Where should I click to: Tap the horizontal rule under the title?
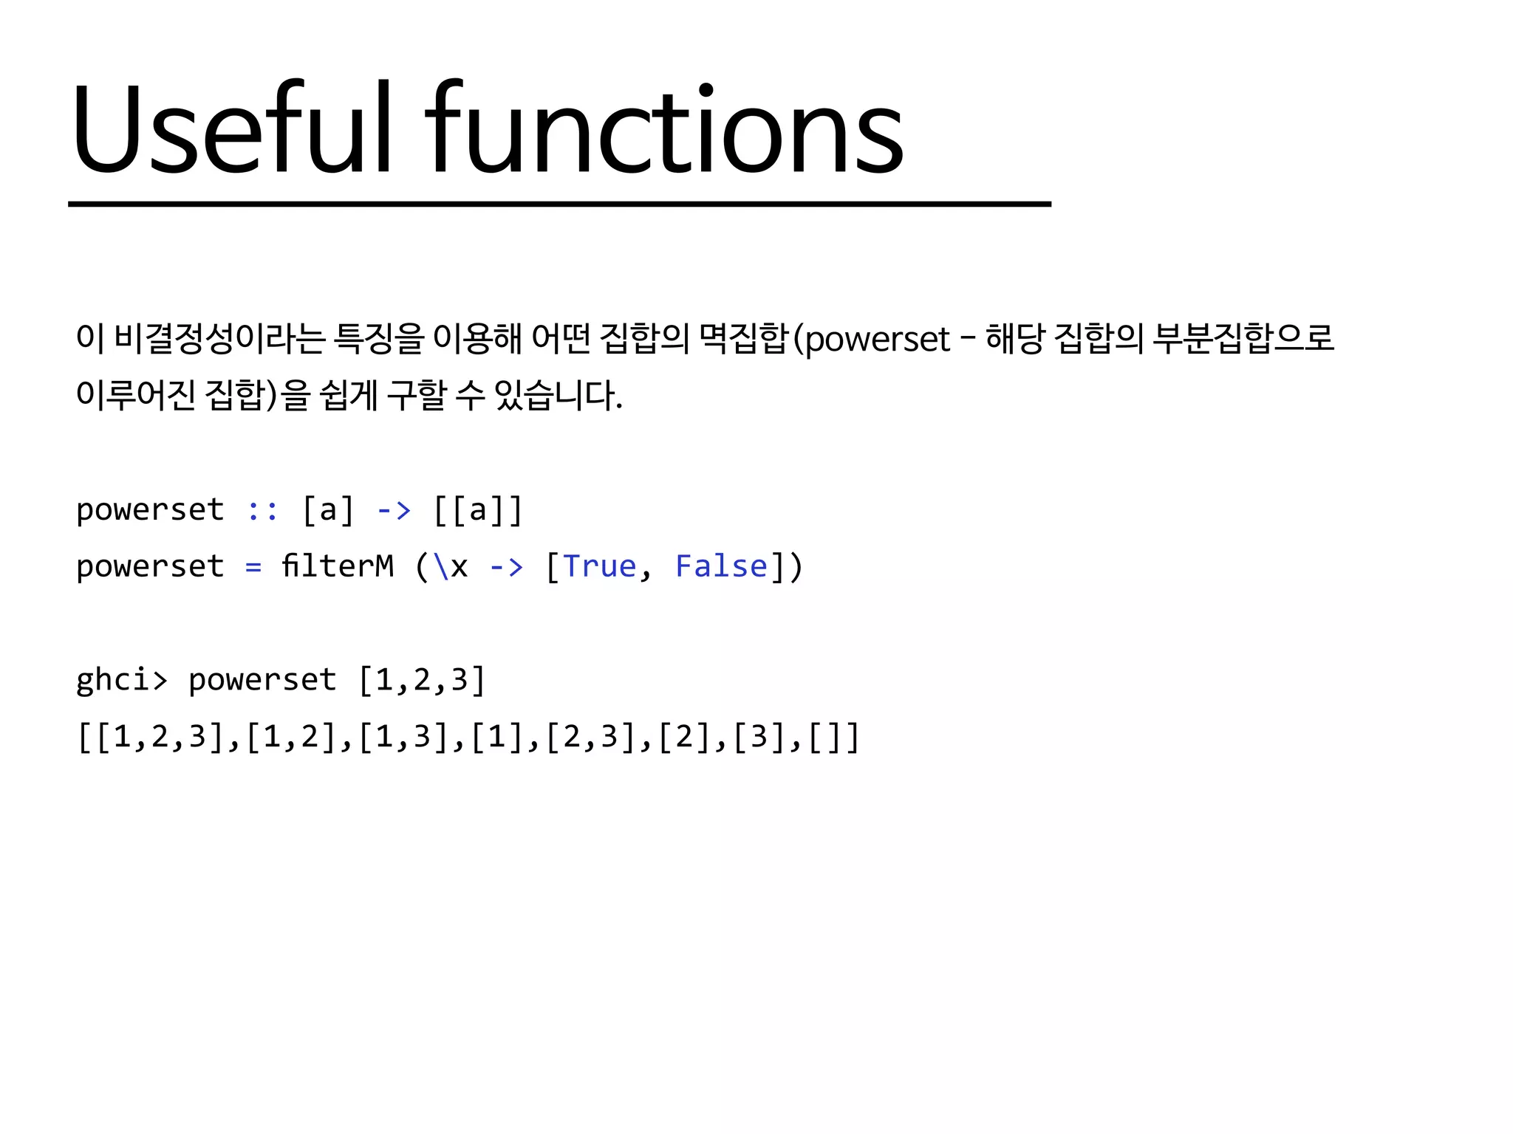[559, 204]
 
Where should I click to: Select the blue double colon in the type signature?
[262, 510]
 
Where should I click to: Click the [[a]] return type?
[478, 510]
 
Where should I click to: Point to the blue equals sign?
[253, 567]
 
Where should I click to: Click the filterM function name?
[338, 566]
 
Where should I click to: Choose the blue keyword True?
[599, 566]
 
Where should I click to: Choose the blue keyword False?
[722, 566]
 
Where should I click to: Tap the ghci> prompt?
[122, 680]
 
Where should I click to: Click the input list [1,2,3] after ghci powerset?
[422, 680]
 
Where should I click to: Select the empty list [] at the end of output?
[834, 737]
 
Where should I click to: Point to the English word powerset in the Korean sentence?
[878, 340]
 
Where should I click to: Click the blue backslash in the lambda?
[441, 567]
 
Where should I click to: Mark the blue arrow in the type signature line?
[394, 510]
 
